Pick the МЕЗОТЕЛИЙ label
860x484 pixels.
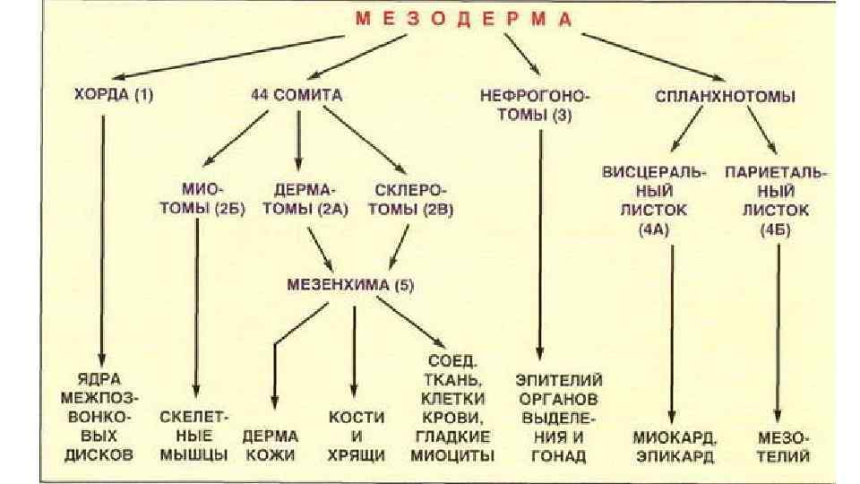pyautogui.click(x=783, y=445)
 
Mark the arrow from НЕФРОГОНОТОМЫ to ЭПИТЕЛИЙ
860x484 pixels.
pyautogui.click(x=540, y=242)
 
